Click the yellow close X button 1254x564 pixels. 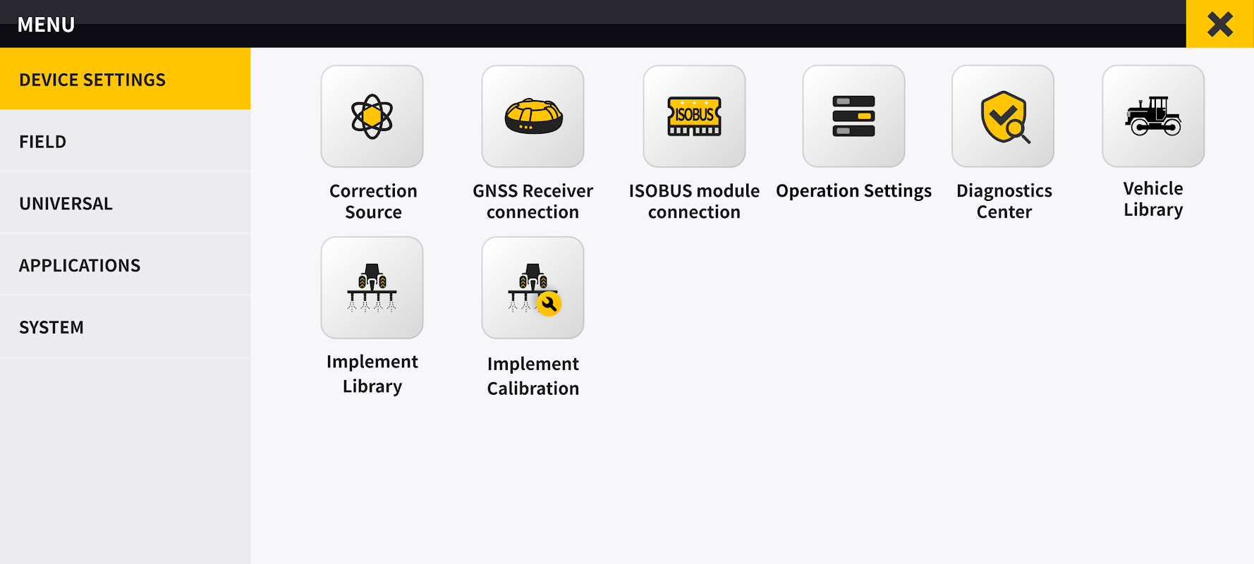point(1219,25)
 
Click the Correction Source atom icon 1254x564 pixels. point(372,116)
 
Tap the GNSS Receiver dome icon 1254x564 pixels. point(532,116)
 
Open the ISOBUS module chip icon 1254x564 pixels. point(694,116)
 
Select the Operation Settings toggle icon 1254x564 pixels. point(853,116)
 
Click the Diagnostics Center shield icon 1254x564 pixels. point(1002,116)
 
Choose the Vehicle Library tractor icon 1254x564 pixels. point(1153,116)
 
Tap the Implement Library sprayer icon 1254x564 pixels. point(372,288)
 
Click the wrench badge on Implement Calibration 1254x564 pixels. point(549,304)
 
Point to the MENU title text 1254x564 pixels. point(46,25)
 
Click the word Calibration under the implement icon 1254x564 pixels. point(532,388)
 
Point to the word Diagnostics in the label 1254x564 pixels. point(1004,191)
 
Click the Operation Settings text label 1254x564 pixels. point(853,191)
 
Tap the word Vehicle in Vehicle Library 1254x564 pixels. point(1153,188)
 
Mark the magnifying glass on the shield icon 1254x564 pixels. point(1016,130)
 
